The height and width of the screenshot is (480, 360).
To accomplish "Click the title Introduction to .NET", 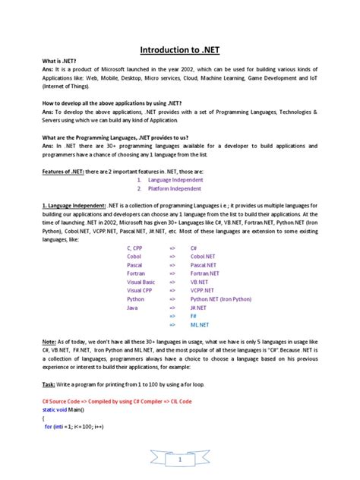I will coord(180,52).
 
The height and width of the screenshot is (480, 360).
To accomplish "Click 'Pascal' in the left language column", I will coord(137,268).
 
